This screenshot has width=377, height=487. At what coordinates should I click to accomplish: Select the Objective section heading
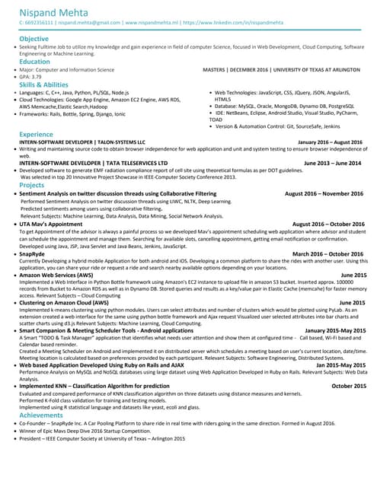(34, 38)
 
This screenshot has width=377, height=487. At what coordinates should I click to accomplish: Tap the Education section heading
(34, 62)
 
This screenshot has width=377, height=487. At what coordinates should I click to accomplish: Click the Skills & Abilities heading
(43, 84)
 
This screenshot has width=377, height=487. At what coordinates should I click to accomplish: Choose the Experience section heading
(36, 134)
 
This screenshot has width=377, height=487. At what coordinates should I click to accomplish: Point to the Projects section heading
(32, 185)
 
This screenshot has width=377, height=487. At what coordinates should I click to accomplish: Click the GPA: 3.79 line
(31, 77)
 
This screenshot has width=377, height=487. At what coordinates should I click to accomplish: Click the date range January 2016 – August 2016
(330, 142)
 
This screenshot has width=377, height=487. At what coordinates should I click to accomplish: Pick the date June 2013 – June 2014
(332, 163)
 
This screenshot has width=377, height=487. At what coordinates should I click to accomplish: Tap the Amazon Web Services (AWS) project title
(64, 275)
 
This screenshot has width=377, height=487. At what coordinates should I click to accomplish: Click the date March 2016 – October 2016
(328, 253)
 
